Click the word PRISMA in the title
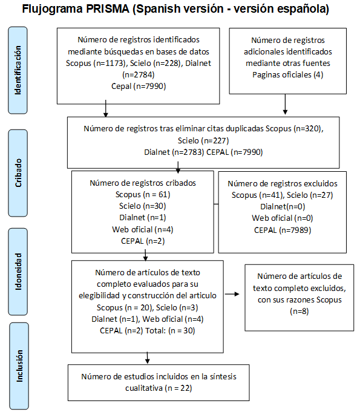tap(108, 8)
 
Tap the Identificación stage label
tap(18, 70)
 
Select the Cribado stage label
tap(18, 173)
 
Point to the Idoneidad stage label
tap(18, 272)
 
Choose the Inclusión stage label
tap(19, 366)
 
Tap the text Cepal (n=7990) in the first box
tap(139, 87)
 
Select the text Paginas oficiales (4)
tap(288, 75)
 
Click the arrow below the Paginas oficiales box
tap(285, 104)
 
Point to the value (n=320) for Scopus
tap(309, 129)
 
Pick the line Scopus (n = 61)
tap(143, 195)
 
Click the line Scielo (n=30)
tap(142, 206)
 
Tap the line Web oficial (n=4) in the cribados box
tap(143, 229)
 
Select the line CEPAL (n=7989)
tap(283, 230)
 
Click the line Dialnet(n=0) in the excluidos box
tap(283, 206)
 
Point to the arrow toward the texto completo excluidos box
tap(232, 294)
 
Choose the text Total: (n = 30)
tap(170, 330)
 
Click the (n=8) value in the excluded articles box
tap(299, 311)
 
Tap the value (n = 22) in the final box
tap(178, 388)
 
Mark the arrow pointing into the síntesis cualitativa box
tap(148, 358)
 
